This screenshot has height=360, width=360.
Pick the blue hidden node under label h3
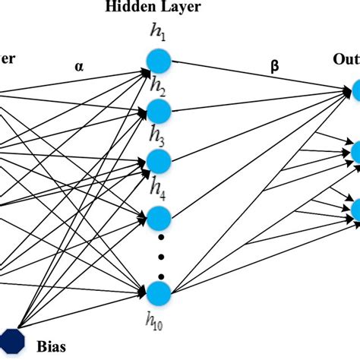(x=159, y=160)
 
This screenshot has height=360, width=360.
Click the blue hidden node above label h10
(x=159, y=293)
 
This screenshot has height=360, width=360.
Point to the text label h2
(x=158, y=86)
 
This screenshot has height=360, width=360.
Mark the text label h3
(x=158, y=136)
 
